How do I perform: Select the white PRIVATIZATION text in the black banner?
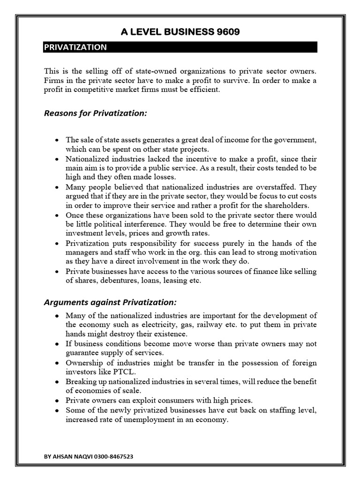[75, 47]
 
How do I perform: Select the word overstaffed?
[277, 186]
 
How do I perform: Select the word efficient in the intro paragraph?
[203, 90]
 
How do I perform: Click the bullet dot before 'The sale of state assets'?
[57, 140]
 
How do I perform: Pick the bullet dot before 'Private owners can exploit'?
[57, 401]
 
